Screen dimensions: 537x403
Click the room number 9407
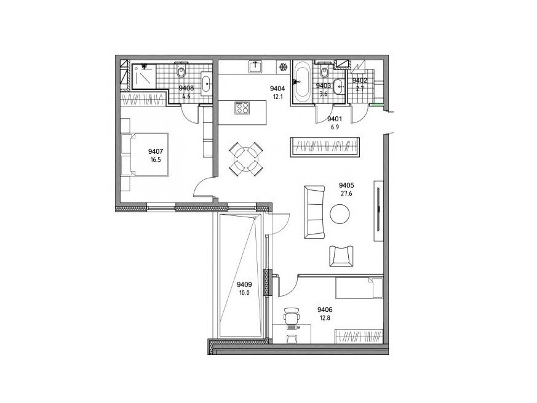[x=156, y=151]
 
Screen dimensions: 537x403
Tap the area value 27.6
[x=346, y=193]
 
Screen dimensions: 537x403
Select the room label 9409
[x=245, y=284]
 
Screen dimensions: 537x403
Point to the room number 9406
[x=325, y=310]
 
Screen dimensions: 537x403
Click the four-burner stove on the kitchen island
[x=242, y=108]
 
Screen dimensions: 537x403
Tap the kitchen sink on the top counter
[x=255, y=67]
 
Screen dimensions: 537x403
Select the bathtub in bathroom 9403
[x=302, y=81]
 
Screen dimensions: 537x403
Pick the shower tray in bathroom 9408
[x=144, y=76]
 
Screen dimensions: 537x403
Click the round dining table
[x=247, y=159]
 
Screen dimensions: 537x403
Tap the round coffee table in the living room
[x=340, y=214]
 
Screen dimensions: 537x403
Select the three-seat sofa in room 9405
[x=314, y=212]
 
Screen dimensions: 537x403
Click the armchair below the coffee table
[x=341, y=256]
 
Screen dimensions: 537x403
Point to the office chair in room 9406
[x=292, y=315]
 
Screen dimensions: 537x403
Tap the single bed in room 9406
[x=359, y=288]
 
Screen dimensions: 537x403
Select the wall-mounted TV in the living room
[x=378, y=210]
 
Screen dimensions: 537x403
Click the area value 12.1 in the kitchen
[x=279, y=97]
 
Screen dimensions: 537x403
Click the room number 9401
[x=335, y=119]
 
